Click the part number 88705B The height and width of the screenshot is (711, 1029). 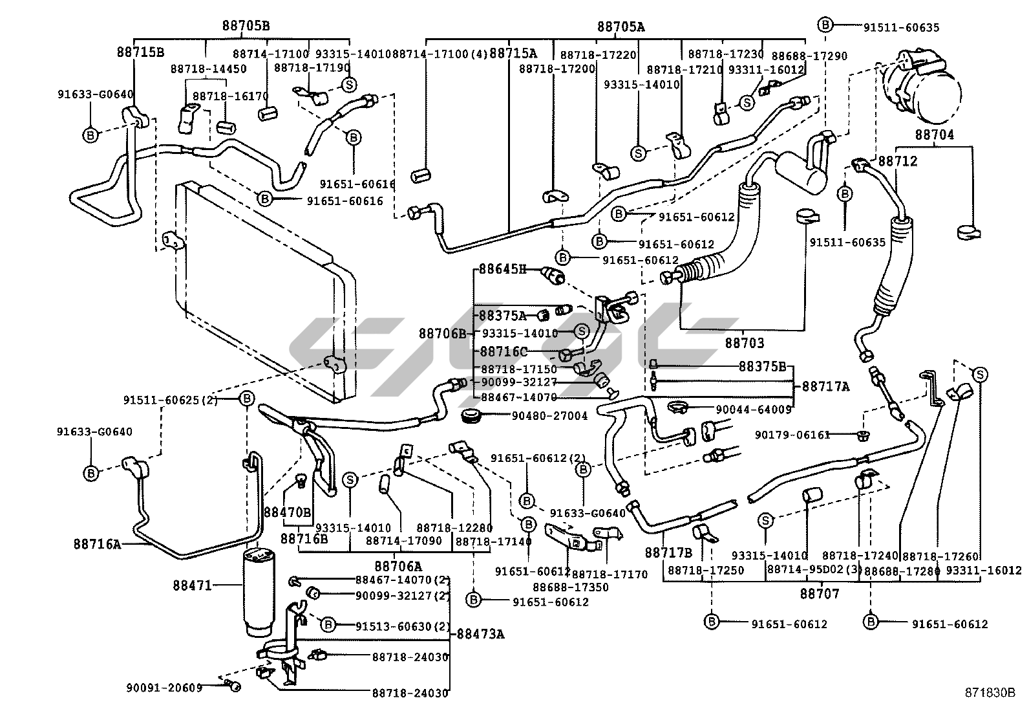[246, 26]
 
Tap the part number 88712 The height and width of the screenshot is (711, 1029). [897, 161]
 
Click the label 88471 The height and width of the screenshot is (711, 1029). [192, 585]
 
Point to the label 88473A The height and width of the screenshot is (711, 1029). [480, 633]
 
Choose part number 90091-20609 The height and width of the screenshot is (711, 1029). [164, 687]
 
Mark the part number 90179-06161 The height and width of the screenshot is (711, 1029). [792, 435]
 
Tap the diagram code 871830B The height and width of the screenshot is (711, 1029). [990, 692]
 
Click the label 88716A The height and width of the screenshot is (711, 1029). [97, 544]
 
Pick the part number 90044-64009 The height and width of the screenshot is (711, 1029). [753, 410]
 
